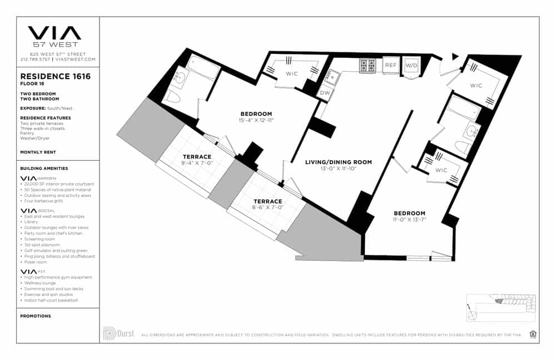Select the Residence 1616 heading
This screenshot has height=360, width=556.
pos(55,77)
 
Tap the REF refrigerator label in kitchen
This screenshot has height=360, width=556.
pos(391,65)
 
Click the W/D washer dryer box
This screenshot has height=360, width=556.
pos(411,66)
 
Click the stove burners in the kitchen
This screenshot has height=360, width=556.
pos(368,65)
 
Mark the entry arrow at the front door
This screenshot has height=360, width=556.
pos(455,56)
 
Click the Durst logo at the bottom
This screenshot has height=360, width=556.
pos(118,334)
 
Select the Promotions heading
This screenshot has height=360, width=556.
pos(35,316)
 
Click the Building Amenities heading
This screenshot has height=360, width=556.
pos(44,168)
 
